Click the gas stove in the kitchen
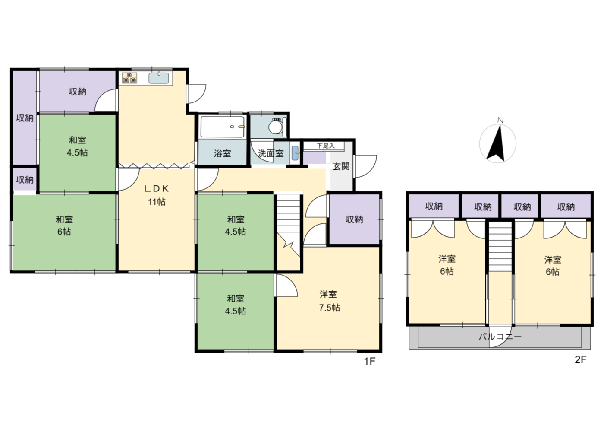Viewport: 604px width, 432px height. [130, 78]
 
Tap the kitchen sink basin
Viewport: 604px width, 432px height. [159, 78]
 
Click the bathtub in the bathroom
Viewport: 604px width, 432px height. [223, 126]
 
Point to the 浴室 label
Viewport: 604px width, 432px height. [223, 154]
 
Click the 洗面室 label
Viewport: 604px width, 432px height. [271, 154]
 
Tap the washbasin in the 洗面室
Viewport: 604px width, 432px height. [295, 153]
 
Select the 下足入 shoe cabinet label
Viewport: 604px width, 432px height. [326, 146]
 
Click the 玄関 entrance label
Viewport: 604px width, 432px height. [341, 167]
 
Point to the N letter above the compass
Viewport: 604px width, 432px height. [500, 120]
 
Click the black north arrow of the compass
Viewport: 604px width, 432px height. [496, 143]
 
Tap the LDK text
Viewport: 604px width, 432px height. [157, 189]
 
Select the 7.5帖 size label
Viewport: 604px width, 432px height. [330, 308]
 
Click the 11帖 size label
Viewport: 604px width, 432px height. [157, 202]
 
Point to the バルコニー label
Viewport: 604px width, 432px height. [500, 337]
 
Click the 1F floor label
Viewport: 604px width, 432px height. [370, 361]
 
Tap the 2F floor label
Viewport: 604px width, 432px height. [581, 359]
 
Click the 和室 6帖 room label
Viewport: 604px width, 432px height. [64, 226]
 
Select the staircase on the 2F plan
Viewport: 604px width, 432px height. [500, 246]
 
